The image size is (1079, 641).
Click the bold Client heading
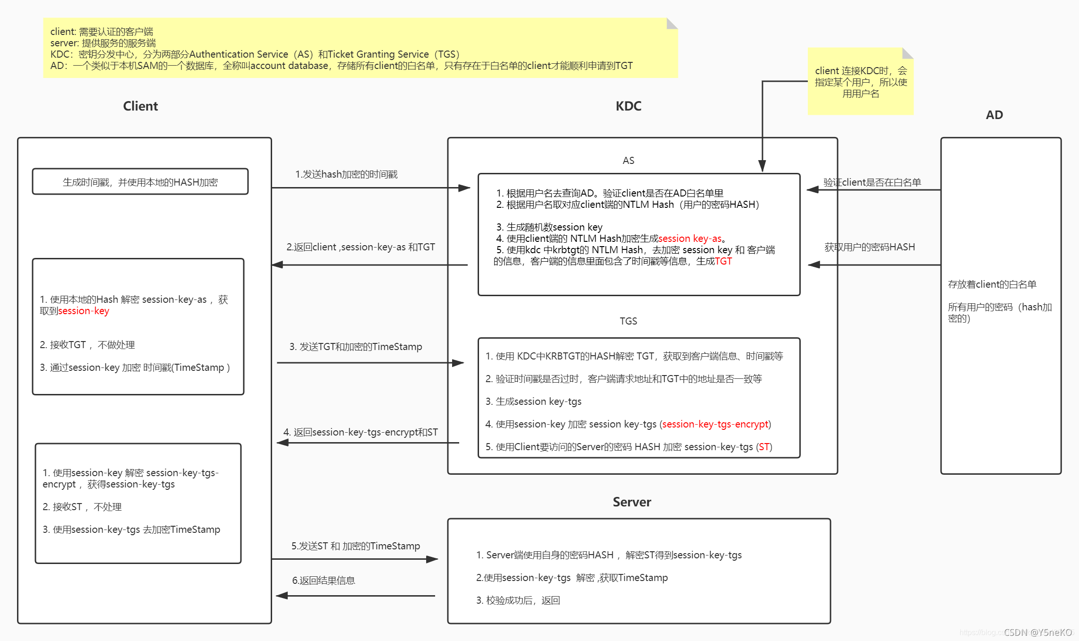140,106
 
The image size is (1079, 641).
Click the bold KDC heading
628,106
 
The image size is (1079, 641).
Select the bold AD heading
994,115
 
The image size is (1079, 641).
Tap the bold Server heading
632,502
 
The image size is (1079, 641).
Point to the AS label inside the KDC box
628,161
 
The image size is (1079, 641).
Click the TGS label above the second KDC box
628,321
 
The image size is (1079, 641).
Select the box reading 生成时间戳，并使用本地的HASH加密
140,182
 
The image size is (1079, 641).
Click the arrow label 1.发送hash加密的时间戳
346,174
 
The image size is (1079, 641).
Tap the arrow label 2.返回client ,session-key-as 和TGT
360,247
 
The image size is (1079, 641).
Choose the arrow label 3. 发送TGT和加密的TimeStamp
356,347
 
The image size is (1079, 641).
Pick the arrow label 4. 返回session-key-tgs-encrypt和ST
360,432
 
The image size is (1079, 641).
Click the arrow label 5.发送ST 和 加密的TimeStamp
356,546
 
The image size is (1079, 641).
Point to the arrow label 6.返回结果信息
324,581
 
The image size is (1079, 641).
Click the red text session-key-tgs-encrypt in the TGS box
715,424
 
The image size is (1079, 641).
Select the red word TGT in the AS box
723,261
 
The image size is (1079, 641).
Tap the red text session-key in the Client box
84,311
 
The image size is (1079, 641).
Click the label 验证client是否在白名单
872,182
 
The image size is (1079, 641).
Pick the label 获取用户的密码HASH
869,247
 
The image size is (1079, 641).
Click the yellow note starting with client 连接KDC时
860,82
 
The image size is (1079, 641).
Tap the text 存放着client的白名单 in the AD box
992,284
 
